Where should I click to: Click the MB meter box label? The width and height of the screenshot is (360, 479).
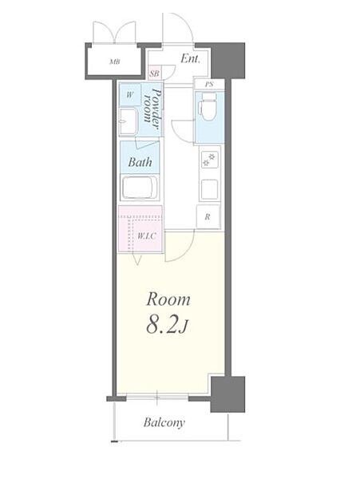115,61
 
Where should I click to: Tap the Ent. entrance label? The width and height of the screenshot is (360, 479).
190,58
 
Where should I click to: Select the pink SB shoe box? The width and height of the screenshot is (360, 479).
155,73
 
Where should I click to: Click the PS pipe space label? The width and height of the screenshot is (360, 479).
209,85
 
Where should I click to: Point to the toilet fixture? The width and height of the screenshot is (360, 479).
208,107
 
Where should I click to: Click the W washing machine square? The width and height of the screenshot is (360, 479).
130,95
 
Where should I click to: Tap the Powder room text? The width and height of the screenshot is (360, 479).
152,109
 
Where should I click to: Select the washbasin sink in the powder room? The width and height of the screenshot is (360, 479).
128,121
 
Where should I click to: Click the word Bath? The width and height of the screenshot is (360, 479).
140,162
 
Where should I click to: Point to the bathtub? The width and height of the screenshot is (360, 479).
140,188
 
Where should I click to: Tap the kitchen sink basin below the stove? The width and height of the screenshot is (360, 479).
209,188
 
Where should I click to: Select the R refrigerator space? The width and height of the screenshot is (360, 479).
208,217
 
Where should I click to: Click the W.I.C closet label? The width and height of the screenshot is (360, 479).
147,236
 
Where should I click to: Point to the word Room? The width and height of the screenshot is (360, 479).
168,299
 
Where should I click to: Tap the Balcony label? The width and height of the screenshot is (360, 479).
164,423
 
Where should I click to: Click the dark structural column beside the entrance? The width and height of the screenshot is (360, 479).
228,61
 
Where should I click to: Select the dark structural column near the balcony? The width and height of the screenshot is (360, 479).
228,394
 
